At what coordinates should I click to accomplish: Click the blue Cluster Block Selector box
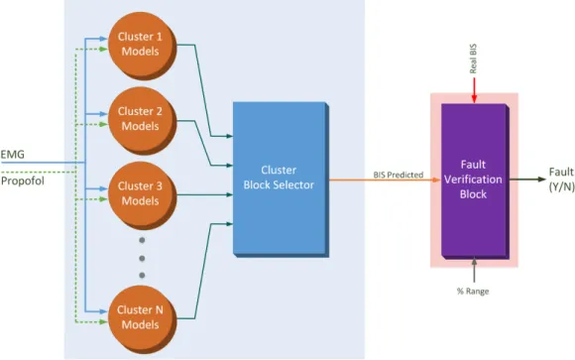[281, 180]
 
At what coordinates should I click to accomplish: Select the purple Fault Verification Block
[475, 180]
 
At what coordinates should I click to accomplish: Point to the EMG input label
[13, 155]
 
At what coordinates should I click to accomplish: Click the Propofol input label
[23, 180]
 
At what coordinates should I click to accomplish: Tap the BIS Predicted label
[399, 175]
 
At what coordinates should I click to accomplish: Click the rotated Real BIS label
[473, 59]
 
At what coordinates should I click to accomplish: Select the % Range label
[473, 291]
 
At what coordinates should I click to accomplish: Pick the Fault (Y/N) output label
[561, 180]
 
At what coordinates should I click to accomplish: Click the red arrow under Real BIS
[474, 90]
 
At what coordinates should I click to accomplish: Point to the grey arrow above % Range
[474, 270]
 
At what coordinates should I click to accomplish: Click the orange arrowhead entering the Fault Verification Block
[436, 180]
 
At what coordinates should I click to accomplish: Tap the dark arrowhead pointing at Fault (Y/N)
[542, 180]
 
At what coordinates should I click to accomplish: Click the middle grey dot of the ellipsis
[142, 259]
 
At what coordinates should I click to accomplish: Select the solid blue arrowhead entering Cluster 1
[103, 39]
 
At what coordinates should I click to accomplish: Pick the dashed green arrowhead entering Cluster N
[103, 322]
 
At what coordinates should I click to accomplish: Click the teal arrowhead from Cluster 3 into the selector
[230, 194]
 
